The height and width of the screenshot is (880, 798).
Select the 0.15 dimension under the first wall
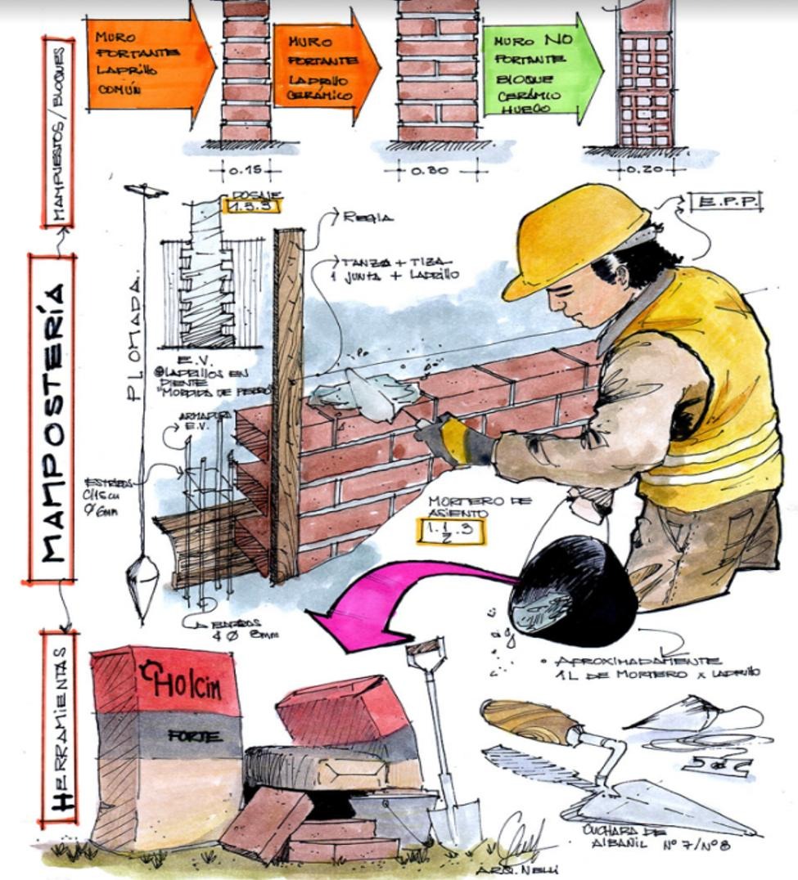(245, 171)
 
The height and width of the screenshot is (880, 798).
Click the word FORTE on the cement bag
(194, 736)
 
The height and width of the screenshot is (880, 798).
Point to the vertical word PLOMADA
(136, 335)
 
